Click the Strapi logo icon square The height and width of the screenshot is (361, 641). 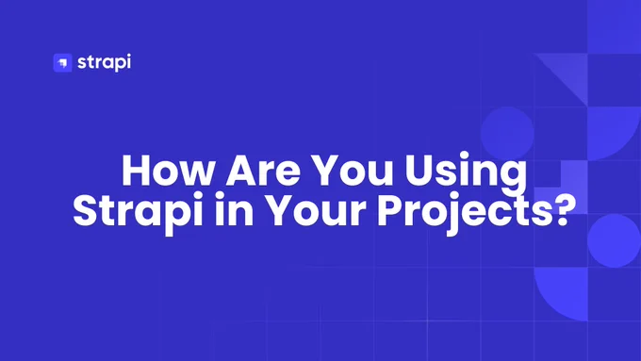(62, 62)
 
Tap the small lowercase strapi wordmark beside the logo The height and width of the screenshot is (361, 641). (105, 62)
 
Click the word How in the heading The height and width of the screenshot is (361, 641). (168, 170)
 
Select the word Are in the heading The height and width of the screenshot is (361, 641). (263, 170)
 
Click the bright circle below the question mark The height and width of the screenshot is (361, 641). (614, 240)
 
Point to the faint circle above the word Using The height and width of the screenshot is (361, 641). (507, 133)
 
